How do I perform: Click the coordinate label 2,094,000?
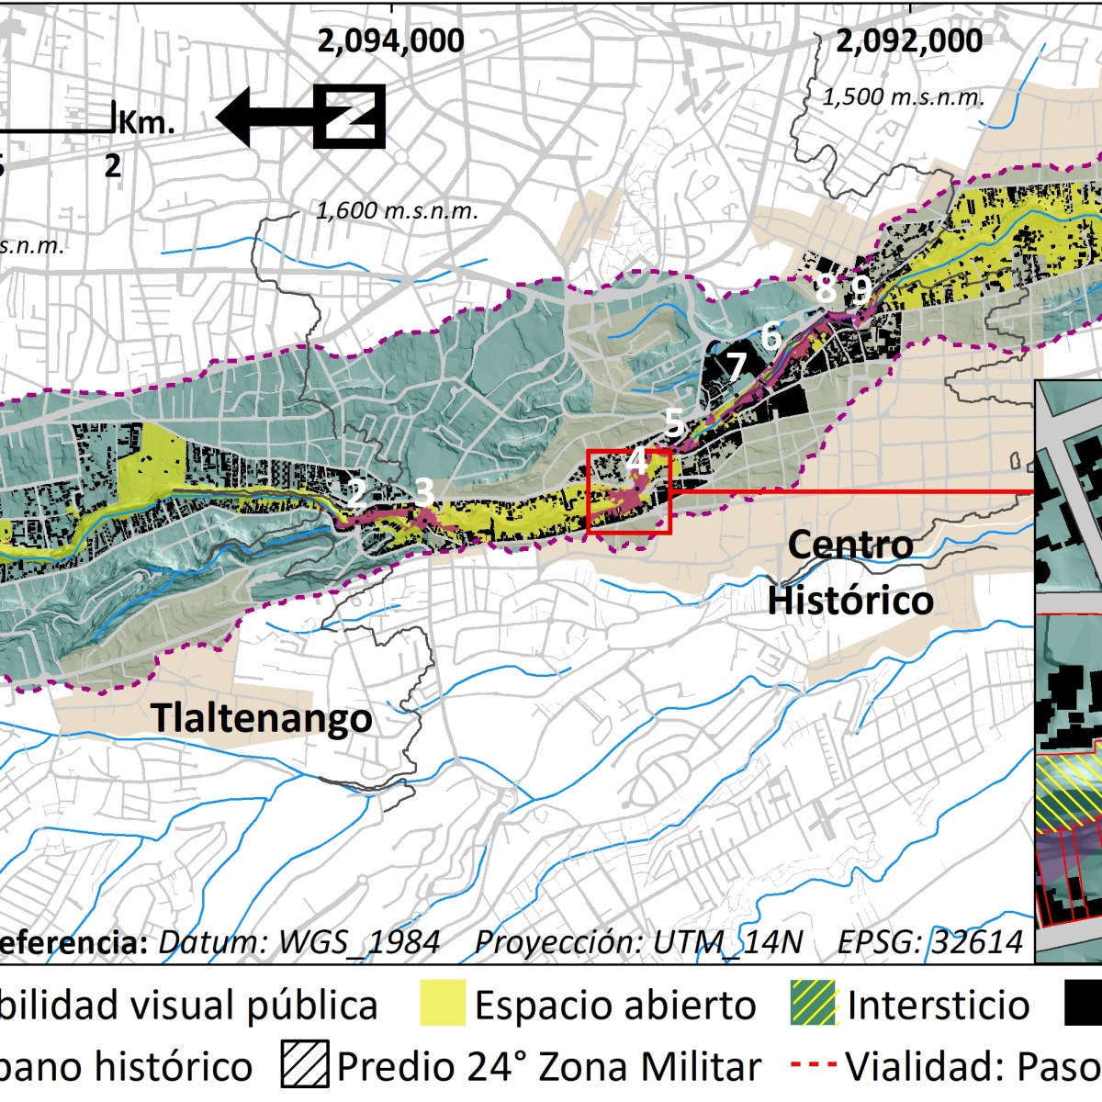click(x=390, y=41)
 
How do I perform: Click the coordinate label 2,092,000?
click(x=909, y=41)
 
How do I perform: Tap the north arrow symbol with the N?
click(x=349, y=117)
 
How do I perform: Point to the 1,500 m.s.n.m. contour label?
click(x=903, y=97)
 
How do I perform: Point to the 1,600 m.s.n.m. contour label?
click(x=397, y=210)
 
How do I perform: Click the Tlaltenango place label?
click(x=262, y=717)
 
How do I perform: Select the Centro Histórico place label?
click(x=851, y=573)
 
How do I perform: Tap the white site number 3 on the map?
click(x=423, y=492)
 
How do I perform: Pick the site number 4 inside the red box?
click(x=635, y=463)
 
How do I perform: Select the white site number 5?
click(x=673, y=423)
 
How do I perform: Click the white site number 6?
click(x=770, y=337)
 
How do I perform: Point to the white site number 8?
click(x=826, y=290)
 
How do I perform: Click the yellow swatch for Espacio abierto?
click(x=442, y=1006)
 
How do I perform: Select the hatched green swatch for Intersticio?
click(x=814, y=1006)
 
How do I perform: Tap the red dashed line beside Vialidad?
click(x=813, y=1066)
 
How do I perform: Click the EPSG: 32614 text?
click(x=930, y=942)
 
